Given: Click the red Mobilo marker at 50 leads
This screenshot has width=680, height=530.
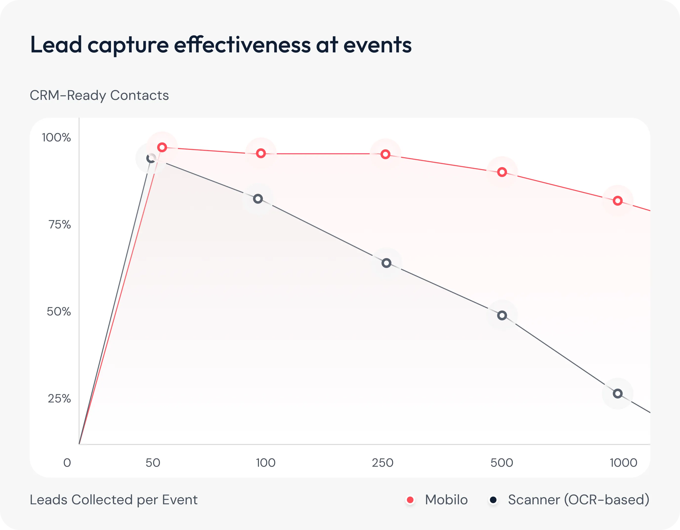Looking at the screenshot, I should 162,147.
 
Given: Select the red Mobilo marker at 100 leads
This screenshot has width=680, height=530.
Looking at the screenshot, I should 261,153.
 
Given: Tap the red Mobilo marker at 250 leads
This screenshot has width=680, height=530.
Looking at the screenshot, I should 385,154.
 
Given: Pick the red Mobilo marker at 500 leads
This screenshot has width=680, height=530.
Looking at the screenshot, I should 502,172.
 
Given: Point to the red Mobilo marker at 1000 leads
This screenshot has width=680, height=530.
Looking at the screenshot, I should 618,201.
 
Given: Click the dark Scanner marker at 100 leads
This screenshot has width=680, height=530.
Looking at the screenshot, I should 258,199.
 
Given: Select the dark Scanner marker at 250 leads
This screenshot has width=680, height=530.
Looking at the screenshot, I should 386,263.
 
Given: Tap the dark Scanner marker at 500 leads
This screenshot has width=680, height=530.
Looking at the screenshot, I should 502,315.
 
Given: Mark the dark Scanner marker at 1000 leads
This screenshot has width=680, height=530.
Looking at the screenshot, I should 618,394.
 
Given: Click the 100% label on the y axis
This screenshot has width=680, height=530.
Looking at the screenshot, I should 56,137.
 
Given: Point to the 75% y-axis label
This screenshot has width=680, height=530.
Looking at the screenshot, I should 60,224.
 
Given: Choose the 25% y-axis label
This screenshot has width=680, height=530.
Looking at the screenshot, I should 59,398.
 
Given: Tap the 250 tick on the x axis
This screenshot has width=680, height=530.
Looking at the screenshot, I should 383,463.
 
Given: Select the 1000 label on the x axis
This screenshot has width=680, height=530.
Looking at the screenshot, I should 623,463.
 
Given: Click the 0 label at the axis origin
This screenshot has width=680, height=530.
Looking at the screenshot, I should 67,463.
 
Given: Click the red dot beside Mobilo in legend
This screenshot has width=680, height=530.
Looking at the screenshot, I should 410,500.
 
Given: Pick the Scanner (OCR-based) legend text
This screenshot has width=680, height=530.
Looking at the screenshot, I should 578,500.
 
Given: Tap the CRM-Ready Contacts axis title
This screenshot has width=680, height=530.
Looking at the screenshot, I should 99,95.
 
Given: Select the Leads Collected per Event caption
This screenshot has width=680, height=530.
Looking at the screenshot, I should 114,500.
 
